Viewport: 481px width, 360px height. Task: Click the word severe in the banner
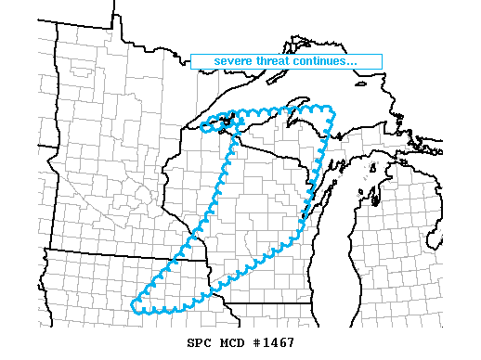pos(232,62)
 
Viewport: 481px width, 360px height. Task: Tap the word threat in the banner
pos(274,62)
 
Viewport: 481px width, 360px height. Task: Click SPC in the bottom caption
pos(187,343)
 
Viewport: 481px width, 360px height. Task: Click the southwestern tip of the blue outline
pos(137,303)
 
